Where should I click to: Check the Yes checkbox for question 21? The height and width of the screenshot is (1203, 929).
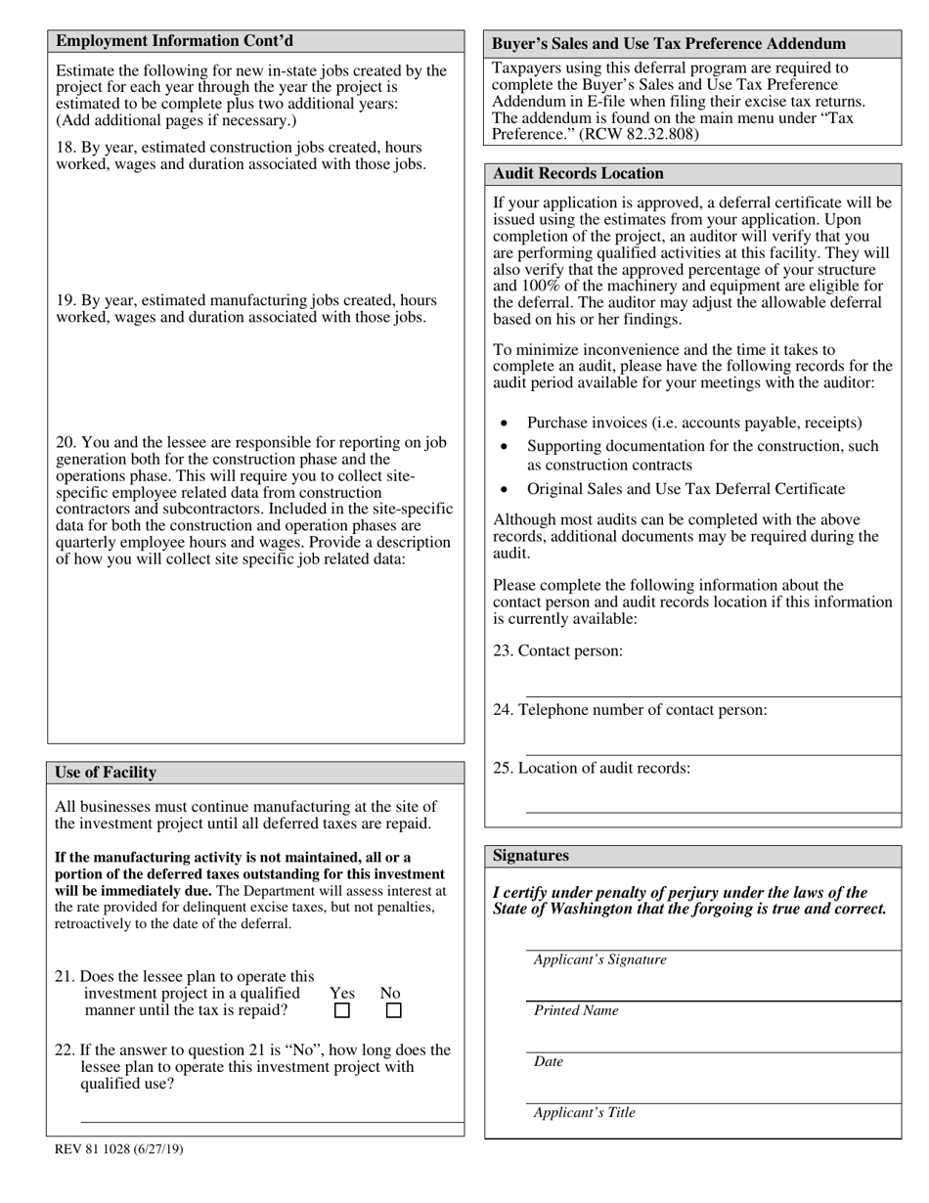pos(342,1011)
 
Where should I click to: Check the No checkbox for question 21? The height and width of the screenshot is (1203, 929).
pos(393,1011)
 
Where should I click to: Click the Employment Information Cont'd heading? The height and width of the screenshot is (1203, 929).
pos(174,41)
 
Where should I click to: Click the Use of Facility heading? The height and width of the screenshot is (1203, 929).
pos(106,773)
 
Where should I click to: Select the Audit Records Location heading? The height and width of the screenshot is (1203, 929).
pos(578,173)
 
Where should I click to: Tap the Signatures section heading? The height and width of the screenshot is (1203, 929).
pos(532,856)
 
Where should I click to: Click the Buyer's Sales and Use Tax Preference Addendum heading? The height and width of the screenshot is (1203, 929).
pos(669,44)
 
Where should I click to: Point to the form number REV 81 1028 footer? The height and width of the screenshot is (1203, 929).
pos(118,1149)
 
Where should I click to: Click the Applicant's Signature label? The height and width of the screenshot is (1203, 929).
pos(599,959)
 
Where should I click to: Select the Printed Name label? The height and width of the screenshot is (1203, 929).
pos(576,1010)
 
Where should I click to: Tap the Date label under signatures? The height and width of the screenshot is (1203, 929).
pos(549,1061)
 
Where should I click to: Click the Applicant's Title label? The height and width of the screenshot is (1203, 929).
pos(584,1112)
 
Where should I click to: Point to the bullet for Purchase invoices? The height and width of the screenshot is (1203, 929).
pos(504,423)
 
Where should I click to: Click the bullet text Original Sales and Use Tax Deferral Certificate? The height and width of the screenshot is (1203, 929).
pos(686,489)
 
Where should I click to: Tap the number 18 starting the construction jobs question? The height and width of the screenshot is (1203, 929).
pos(65,148)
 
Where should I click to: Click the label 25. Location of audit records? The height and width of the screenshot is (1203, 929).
pos(591,768)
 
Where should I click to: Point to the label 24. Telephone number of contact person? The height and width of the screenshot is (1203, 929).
pos(630,710)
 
